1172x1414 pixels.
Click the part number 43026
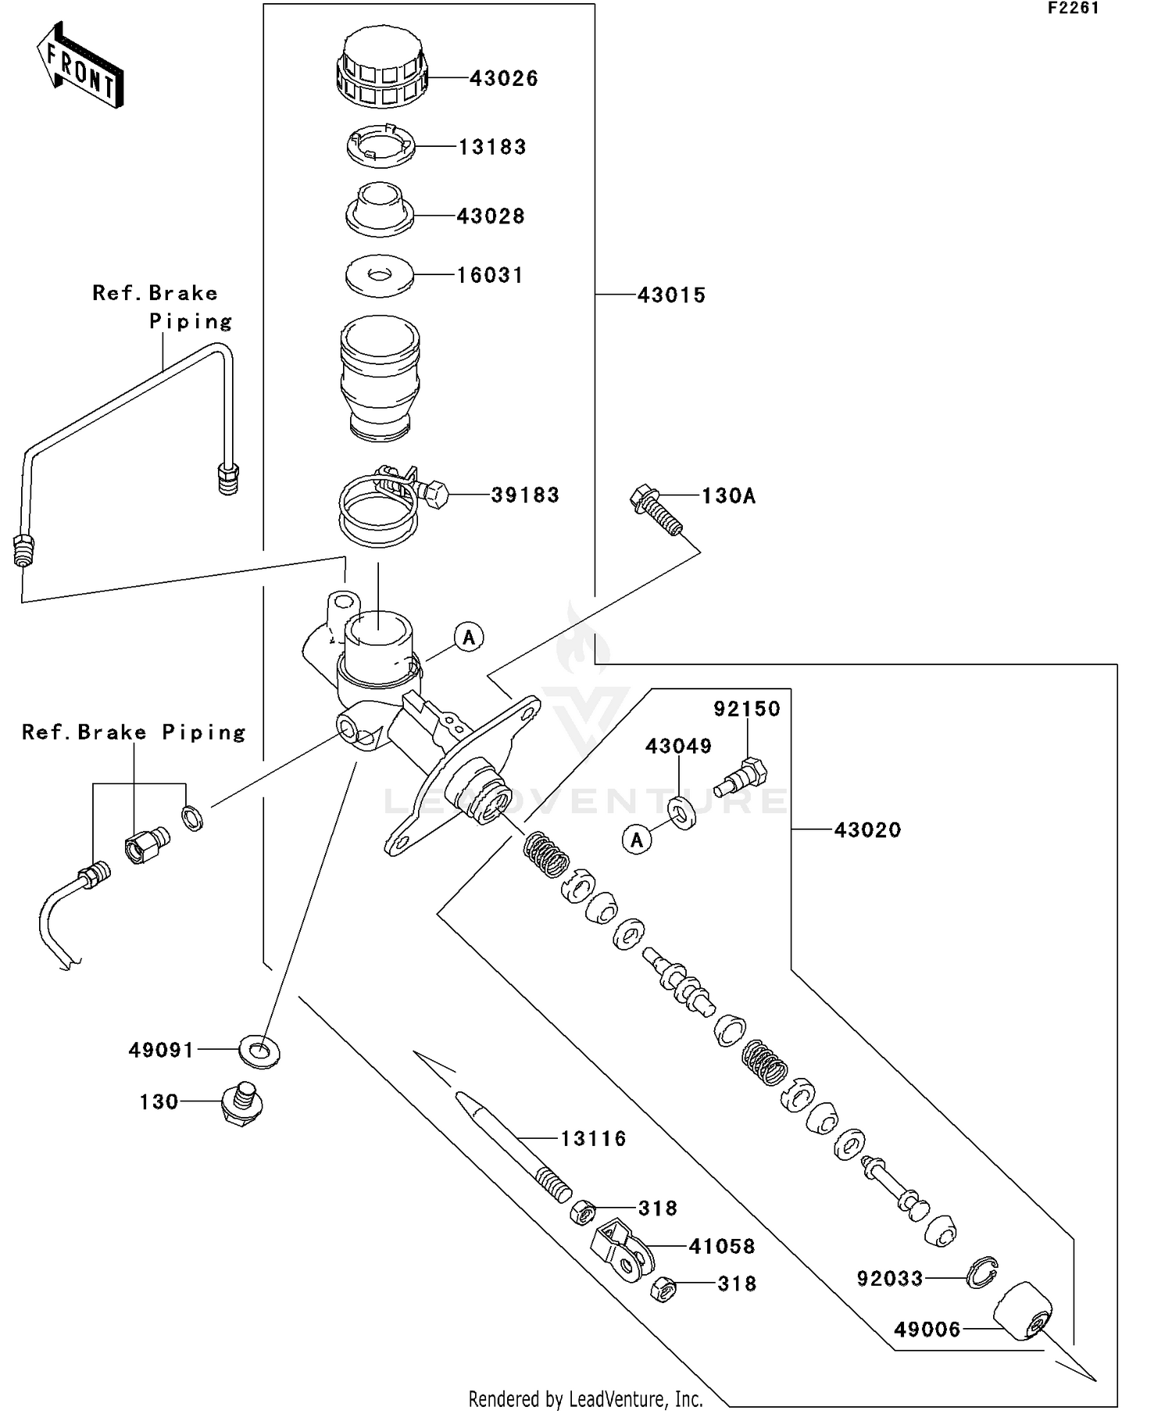point(503,78)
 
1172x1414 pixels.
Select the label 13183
point(491,147)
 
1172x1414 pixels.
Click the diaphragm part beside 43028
point(380,209)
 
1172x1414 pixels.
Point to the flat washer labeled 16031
point(380,276)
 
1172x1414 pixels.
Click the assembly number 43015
point(671,295)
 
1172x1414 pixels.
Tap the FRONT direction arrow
point(80,66)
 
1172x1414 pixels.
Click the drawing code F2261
point(1073,9)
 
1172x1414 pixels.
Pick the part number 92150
point(746,709)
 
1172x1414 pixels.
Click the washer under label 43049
point(682,812)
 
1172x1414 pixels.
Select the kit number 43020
point(867,830)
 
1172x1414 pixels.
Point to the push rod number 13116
point(593,1139)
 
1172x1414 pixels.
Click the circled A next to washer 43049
point(637,840)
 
